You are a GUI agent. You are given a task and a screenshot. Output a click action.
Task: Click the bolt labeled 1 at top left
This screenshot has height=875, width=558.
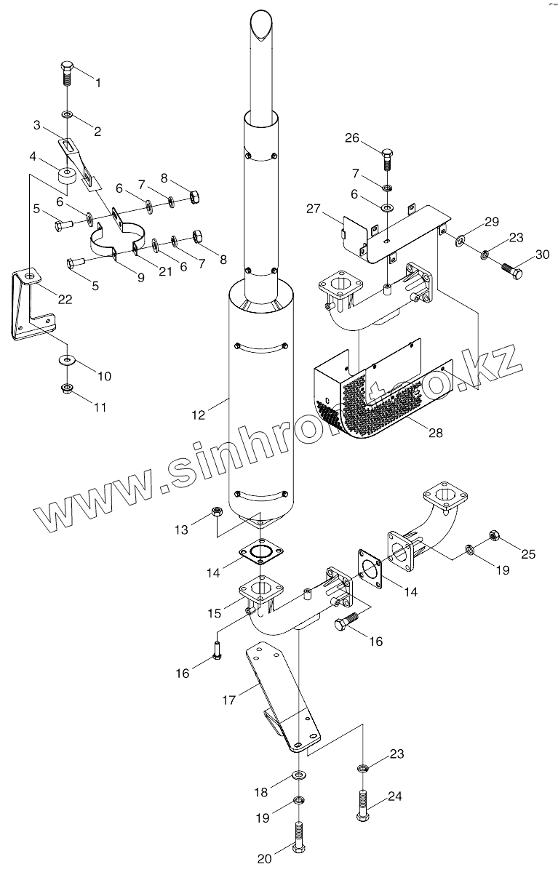67,73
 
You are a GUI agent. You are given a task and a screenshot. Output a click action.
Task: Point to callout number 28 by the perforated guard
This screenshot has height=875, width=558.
435,433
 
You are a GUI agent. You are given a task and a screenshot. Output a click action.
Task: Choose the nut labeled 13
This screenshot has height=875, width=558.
216,513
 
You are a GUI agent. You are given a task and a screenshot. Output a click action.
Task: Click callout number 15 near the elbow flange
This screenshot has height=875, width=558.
214,613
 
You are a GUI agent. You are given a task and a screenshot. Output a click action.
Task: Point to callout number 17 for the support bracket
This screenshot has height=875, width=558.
228,700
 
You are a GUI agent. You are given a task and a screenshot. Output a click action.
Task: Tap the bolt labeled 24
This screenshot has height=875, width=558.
362,806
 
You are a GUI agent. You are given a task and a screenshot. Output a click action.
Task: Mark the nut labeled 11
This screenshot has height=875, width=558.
67,388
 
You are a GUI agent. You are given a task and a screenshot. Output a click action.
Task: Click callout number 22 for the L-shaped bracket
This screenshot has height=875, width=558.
65,299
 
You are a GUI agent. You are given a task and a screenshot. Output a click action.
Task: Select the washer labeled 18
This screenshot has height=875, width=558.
299,774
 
